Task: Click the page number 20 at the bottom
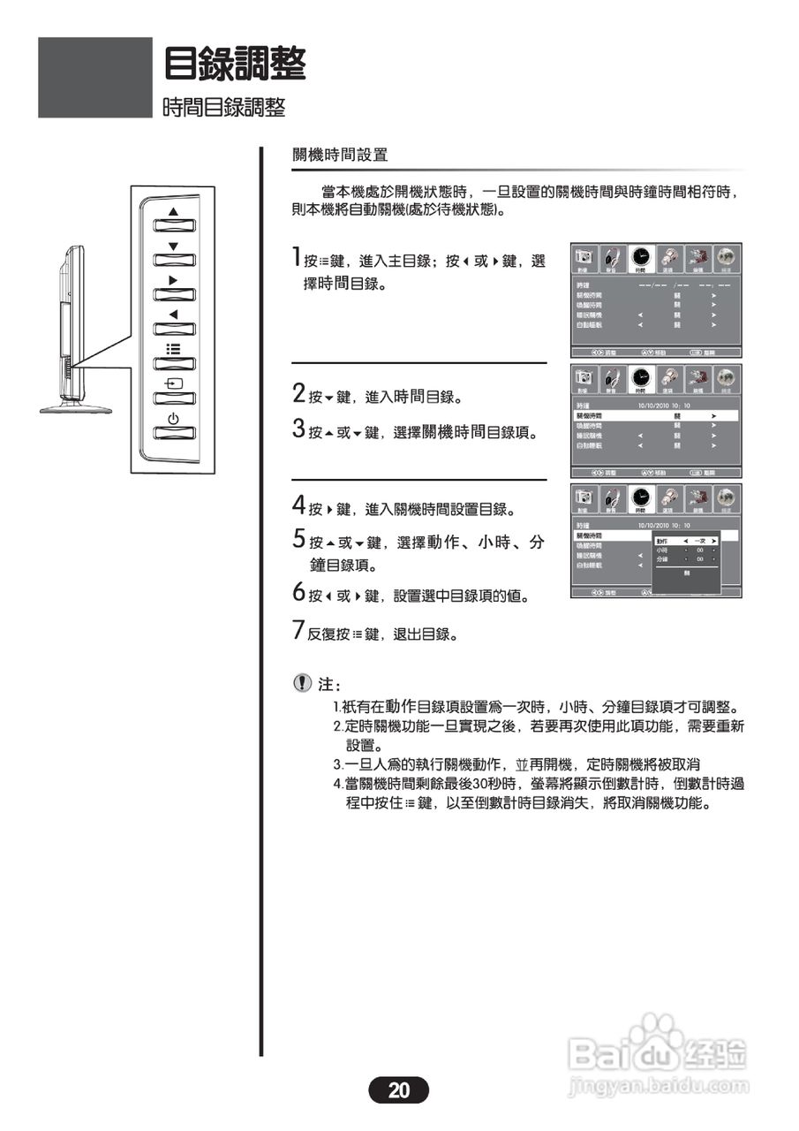[398, 1090]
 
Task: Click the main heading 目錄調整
[235, 64]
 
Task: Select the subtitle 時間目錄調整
[224, 108]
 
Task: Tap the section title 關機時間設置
[340, 156]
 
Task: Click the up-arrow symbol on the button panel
[173, 211]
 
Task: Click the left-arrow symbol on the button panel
[173, 315]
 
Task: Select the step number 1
[298, 259]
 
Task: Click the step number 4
[298, 507]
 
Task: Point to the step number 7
[298, 631]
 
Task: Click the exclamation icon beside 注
[303, 683]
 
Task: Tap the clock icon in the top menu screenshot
[642, 258]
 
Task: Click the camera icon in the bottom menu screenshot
[584, 498]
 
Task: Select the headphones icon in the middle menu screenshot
[612, 379]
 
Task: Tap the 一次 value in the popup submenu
[699, 540]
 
